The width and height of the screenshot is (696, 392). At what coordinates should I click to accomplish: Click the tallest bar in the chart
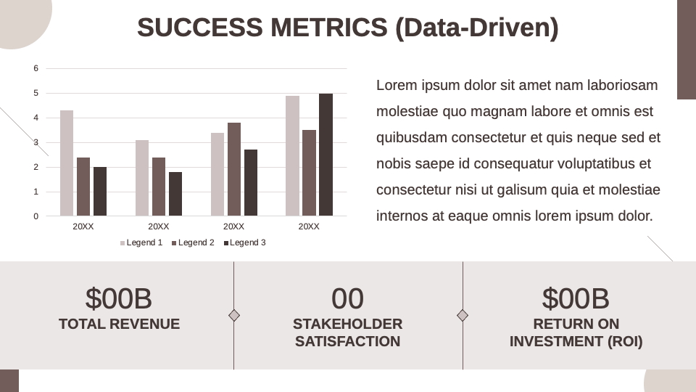[326, 155]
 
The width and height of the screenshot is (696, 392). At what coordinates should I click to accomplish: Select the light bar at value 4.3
[67, 163]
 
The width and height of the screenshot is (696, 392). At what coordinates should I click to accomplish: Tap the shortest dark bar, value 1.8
[175, 194]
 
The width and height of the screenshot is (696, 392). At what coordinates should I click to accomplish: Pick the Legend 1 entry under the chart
[141, 242]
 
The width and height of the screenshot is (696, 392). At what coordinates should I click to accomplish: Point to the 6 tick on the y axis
[36, 68]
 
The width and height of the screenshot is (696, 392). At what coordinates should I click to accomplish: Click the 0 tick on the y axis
[36, 216]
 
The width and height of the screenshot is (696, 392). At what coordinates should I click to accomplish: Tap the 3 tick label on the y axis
[36, 142]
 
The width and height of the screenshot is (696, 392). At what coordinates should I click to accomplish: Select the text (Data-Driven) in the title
[477, 28]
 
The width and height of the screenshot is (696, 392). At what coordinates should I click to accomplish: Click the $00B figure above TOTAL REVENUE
[119, 298]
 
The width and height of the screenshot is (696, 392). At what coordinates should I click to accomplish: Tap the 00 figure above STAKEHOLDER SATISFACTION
[347, 298]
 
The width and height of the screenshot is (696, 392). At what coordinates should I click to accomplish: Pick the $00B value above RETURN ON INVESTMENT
[576, 298]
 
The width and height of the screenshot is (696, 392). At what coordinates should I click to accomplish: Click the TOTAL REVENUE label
[119, 324]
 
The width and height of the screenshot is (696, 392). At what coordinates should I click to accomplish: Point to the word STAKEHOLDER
[347, 324]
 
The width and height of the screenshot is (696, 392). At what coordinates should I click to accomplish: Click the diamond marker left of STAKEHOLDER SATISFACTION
[234, 315]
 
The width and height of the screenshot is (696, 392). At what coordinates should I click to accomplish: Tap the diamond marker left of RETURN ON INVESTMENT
[463, 315]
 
